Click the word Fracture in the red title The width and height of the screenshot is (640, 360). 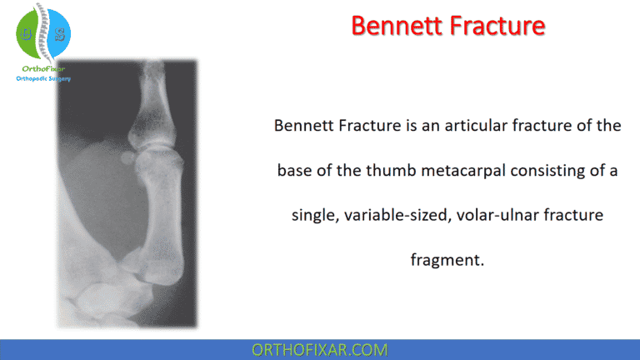pos(497,26)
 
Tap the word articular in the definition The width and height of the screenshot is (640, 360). pos(477,126)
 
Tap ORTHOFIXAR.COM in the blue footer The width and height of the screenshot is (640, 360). pos(320,349)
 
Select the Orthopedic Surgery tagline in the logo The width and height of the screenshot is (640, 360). pos(43,79)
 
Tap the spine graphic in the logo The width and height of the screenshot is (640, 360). pos(43,33)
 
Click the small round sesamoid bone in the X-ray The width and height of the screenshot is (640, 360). pos(127,157)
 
